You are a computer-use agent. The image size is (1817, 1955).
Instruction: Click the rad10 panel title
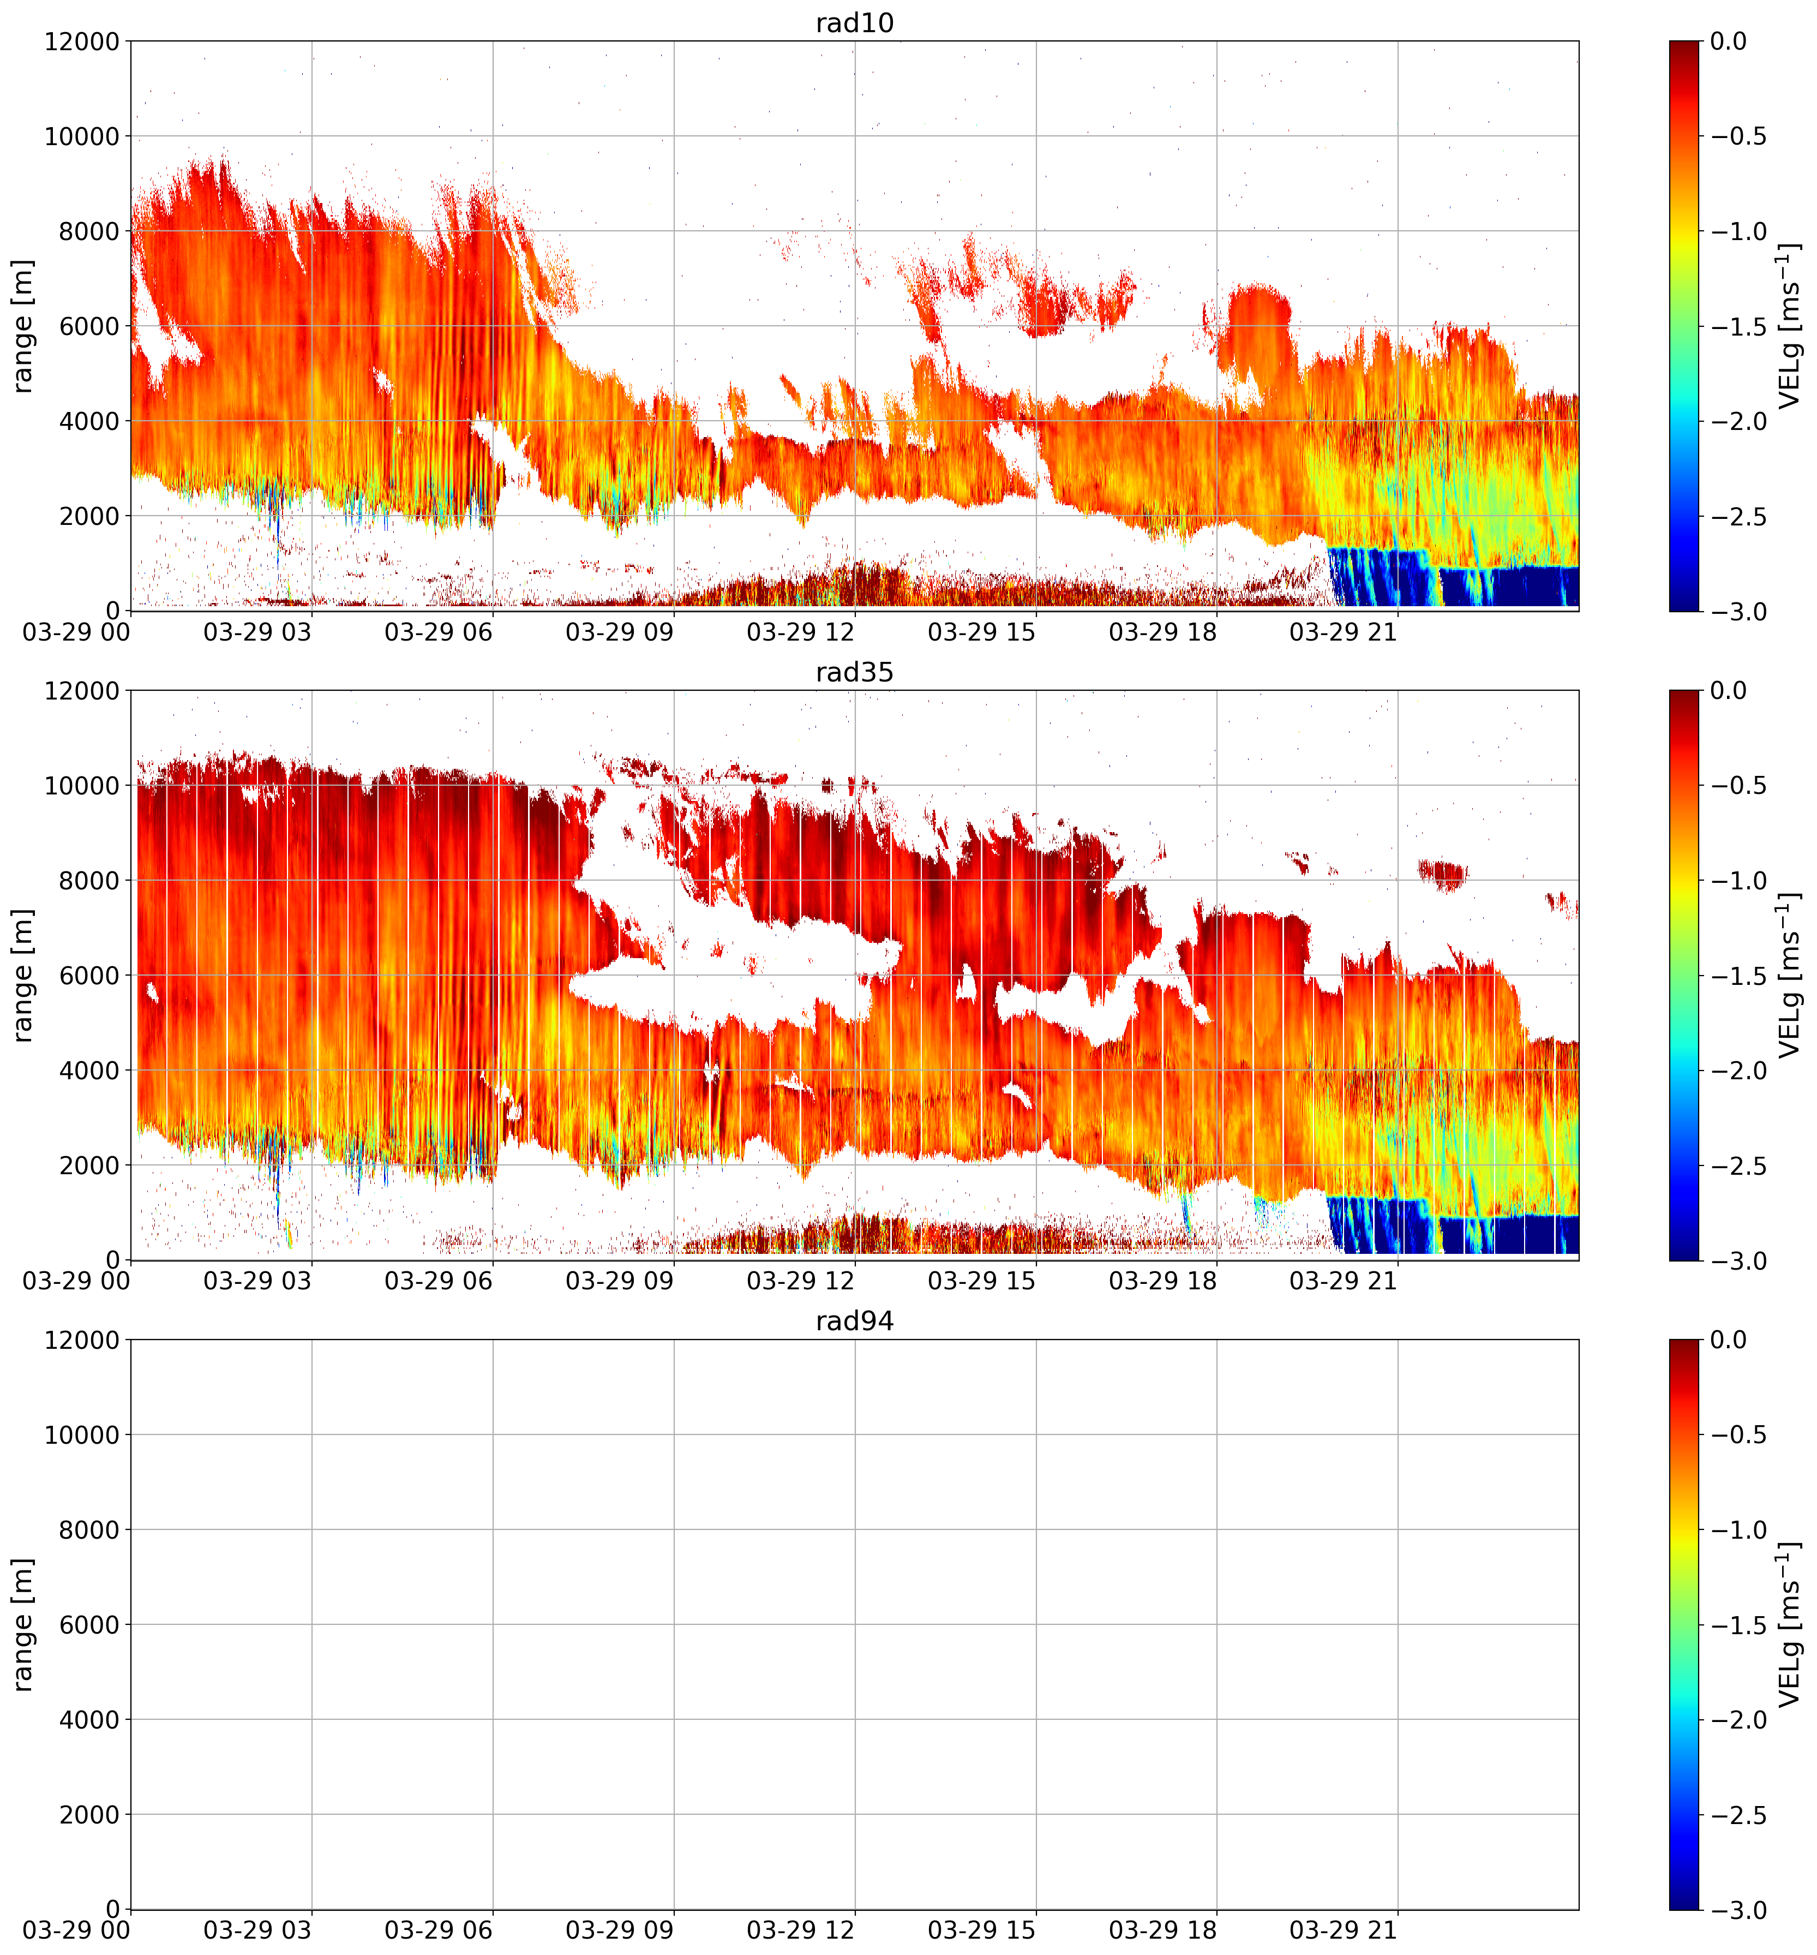pos(854,22)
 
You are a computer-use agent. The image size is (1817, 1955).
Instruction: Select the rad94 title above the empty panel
pos(854,1321)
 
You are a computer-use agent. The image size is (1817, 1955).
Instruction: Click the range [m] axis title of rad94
pos(23,1624)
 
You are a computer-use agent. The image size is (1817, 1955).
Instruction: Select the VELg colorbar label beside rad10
pos(1790,326)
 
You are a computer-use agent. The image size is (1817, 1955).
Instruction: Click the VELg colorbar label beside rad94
pos(1790,1624)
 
